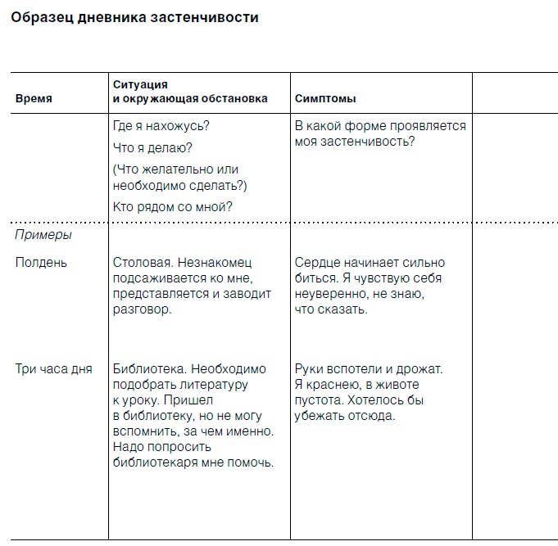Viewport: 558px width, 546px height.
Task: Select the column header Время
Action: click(x=34, y=98)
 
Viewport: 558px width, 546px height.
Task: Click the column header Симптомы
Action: click(x=324, y=98)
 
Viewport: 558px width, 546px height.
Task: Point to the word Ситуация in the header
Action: click(x=140, y=84)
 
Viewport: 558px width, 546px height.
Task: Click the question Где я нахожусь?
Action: click(x=161, y=126)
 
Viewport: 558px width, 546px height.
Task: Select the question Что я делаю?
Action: click(x=152, y=147)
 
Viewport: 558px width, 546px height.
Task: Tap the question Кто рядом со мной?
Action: click(x=172, y=206)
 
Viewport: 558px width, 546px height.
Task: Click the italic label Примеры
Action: click(x=43, y=235)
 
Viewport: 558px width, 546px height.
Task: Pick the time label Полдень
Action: click(x=42, y=263)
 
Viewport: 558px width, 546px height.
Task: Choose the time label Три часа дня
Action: click(x=54, y=369)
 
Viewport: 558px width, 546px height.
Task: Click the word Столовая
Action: click(x=141, y=263)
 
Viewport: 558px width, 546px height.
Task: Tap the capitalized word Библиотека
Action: click(x=147, y=369)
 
